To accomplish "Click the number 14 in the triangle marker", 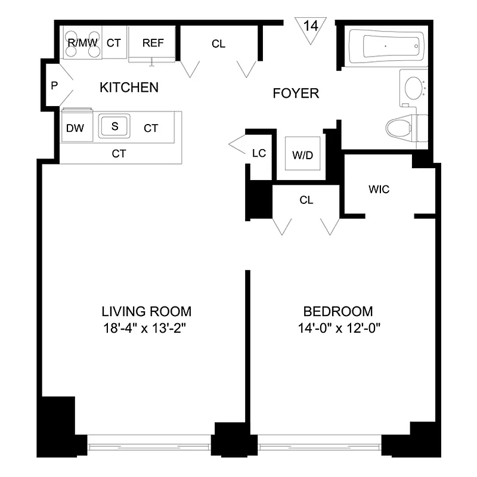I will [x=311, y=27].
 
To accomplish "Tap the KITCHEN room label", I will [x=129, y=88].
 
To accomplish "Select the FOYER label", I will [x=296, y=94].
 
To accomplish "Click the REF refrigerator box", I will [x=152, y=44].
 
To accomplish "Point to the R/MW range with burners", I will [x=82, y=44].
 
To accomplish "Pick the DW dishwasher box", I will [x=75, y=128].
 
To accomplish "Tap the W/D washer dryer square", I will [x=302, y=156].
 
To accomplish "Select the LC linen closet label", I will [x=258, y=153].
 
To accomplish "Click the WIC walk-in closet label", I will [x=379, y=190].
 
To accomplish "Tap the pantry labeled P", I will [x=54, y=85].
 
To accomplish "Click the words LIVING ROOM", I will [x=146, y=311].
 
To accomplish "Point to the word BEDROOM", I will [x=338, y=311].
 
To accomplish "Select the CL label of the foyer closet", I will [x=219, y=44].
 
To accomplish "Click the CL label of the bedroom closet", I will [x=306, y=200].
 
